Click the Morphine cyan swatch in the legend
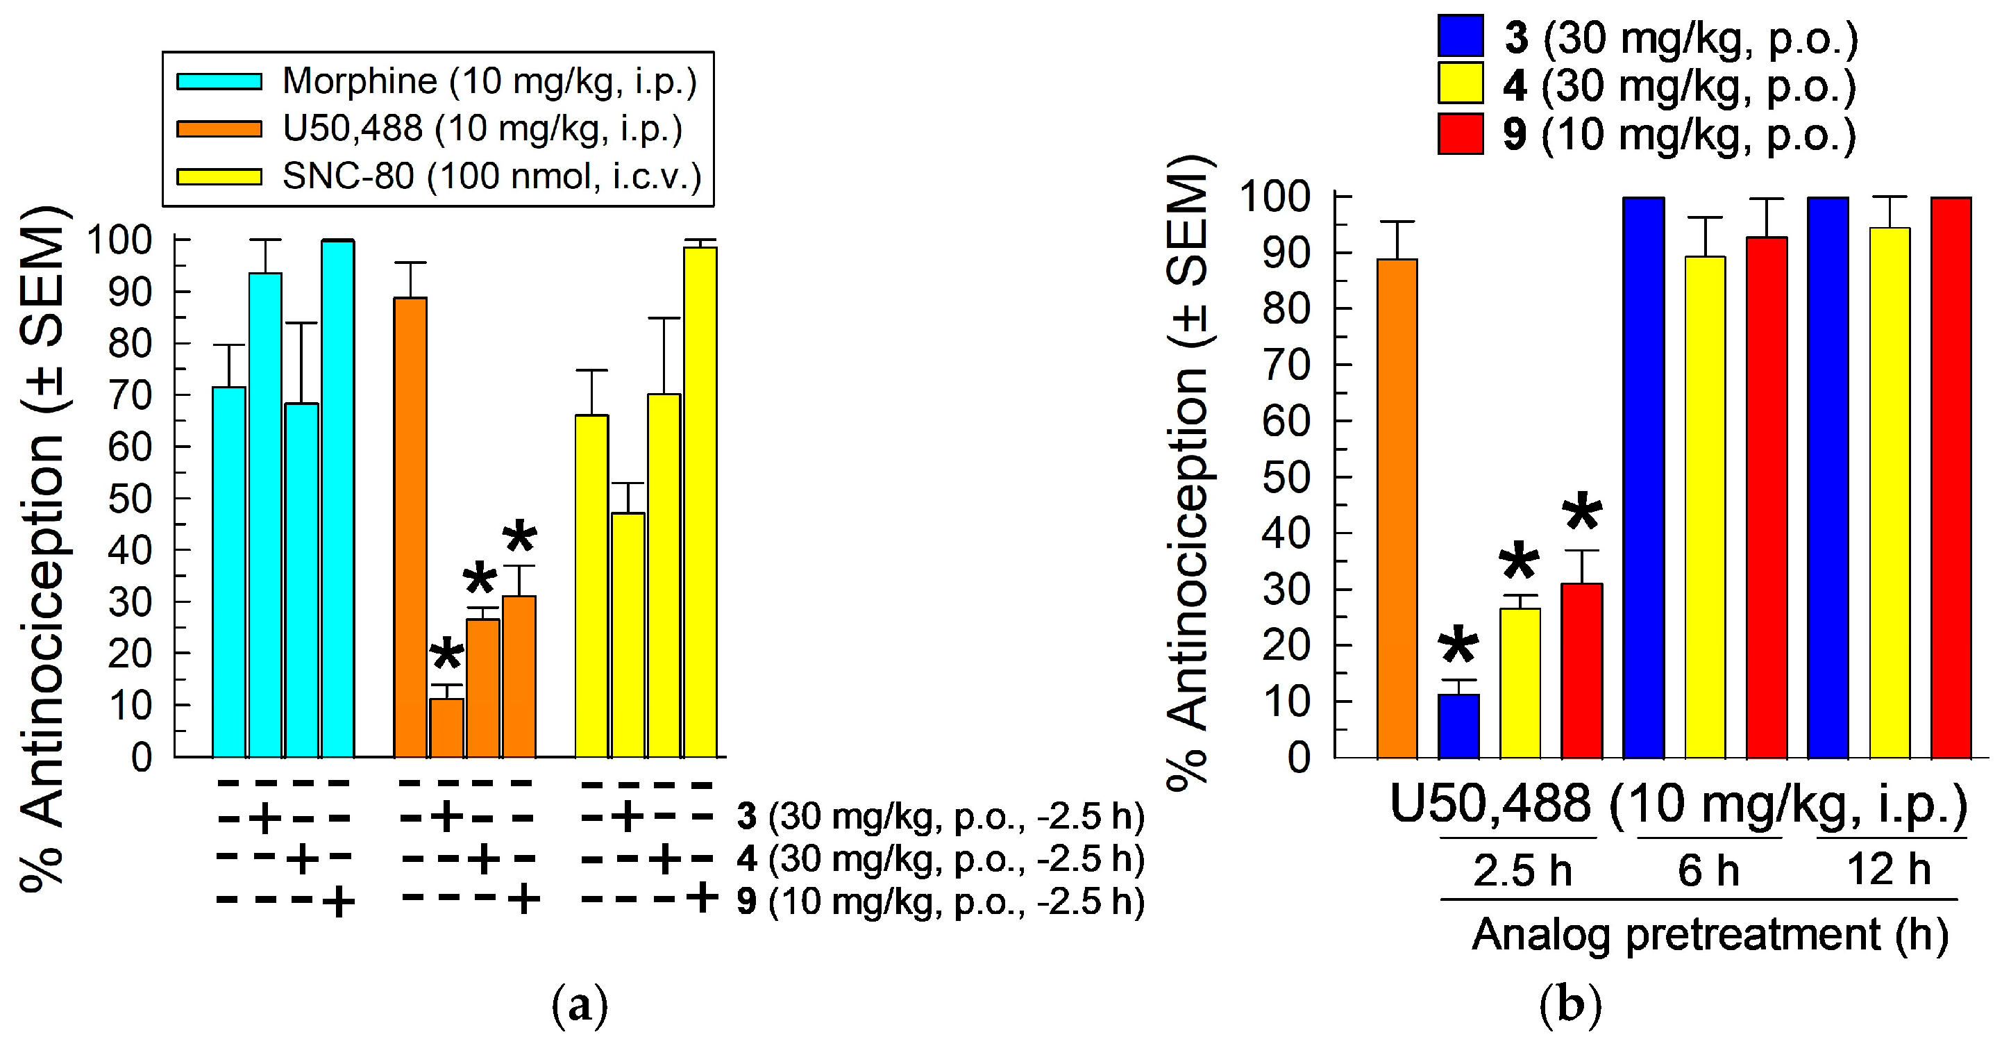click(x=219, y=81)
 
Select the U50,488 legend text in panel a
click(x=482, y=129)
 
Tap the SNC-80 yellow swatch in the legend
click(x=219, y=176)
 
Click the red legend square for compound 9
click(x=1460, y=133)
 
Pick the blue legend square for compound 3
click(x=1460, y=36)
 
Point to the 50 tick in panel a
click(x=130, y=499)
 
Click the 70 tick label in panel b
click(x=1286, y=365)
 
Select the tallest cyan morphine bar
click(x=338, y=500)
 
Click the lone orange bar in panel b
click(x=1397, y=508)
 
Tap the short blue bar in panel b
click(x=1458, y=726)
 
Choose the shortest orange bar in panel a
click(x=446, y=728)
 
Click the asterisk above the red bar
click(x=1581, y=514)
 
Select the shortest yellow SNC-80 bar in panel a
click(x=628, y=634)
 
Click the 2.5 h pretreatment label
click(x=1522, y=870)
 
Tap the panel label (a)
click(x=579, y=1006)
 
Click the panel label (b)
click(x=1571, y=1006)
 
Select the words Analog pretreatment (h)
click(x=1710, y=935)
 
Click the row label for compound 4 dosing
click(x=940, y=859)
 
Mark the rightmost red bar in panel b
click(x=1951, y=476)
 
